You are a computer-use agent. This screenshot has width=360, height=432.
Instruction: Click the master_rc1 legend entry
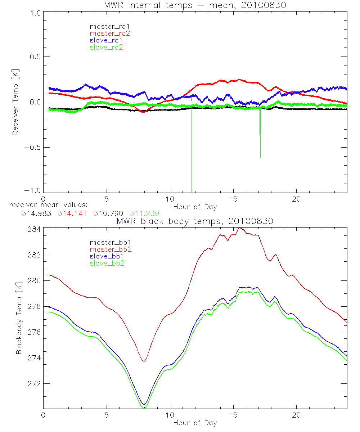point(106,26)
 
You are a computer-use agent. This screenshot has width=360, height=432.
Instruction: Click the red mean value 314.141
point(72,213)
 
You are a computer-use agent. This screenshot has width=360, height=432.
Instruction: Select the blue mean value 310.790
point(109,213)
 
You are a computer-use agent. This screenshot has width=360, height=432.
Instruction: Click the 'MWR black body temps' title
point(195,221)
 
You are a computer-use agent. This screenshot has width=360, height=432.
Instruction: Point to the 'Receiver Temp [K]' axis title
point(15,102)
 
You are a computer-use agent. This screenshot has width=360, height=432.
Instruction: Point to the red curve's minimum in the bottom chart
point(144,361)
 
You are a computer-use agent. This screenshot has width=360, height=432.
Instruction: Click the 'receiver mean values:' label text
point(46,205)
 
